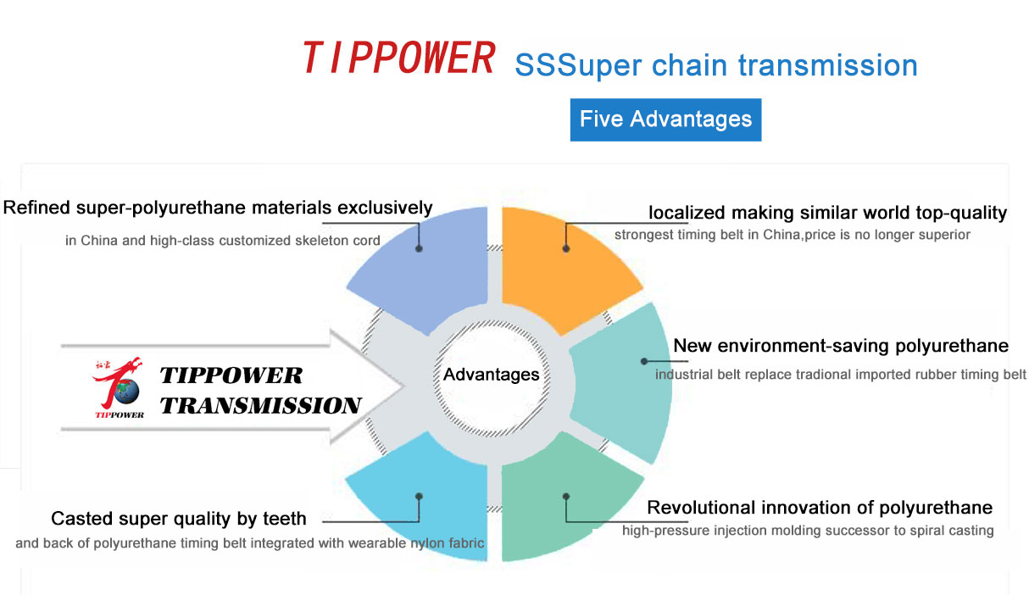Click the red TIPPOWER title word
398,58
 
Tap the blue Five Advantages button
665,120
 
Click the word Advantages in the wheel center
491,375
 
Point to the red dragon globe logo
119,387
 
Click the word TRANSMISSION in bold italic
261,405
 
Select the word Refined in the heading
36,208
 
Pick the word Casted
81,519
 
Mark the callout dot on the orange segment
566,248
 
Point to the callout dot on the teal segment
644,362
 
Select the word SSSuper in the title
578,66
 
